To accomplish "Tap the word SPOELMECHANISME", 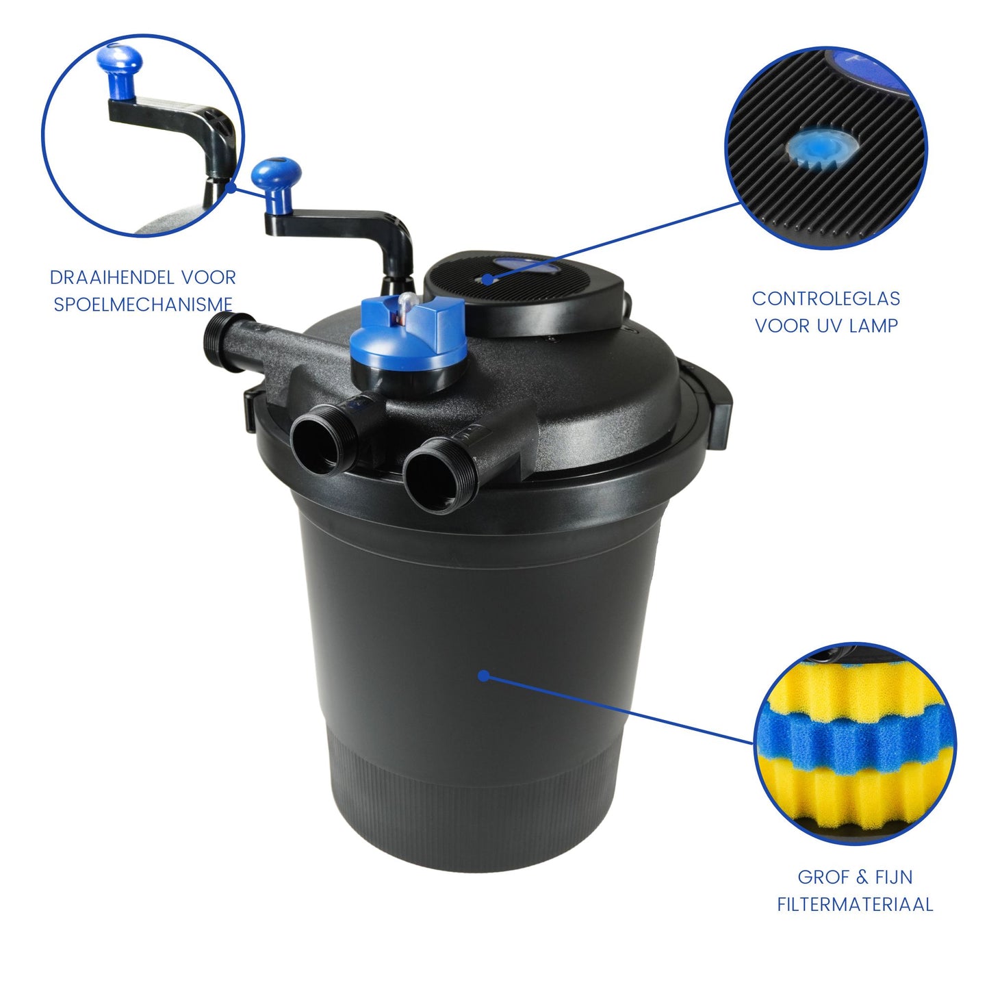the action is click(x=143, y=305).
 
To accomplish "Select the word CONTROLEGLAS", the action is click(x=826, y=298).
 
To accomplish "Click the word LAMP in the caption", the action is click(x=873, y=325).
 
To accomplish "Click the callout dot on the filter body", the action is click(x=483, y=676).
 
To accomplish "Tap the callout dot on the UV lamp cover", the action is click(x=489, y=279).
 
